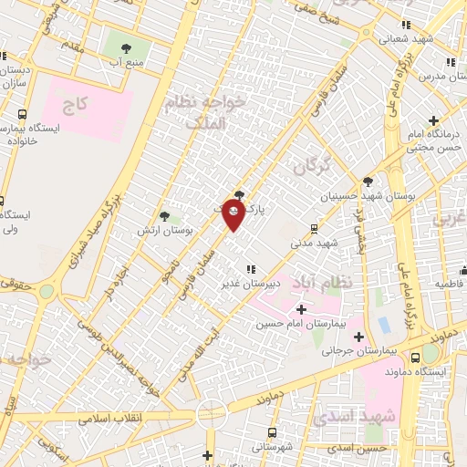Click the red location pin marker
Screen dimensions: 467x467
click(233, 215)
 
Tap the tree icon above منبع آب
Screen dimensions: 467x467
click(125, 49)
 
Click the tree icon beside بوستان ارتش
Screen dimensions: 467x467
click(164, 216)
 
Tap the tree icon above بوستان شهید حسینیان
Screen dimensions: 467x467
click(367, 182)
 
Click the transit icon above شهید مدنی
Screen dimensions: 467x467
click(315, 229)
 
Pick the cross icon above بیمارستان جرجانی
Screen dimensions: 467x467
click(359, 336)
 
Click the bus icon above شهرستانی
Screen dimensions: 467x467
click(273, 433)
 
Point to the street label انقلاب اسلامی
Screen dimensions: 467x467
click(110, 419)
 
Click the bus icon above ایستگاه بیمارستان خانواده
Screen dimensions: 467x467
click(22, 115)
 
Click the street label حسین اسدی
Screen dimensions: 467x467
click(358, 447)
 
